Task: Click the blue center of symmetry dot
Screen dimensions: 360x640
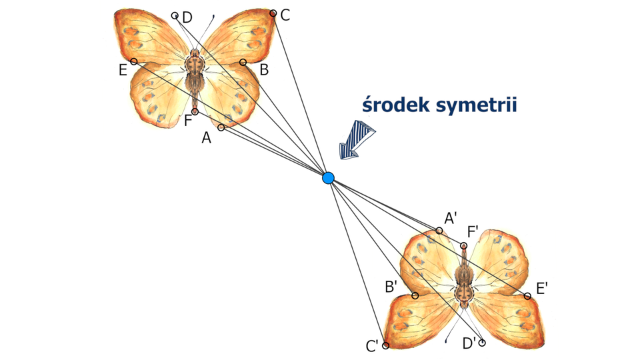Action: [x=328, y=178]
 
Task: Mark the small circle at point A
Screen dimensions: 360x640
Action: [x=221, y=127]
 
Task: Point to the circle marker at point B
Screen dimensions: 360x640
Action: [x=243, y=62]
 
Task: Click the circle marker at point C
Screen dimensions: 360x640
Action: [x=273, y=13]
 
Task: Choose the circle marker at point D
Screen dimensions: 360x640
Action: [x=175, y=15]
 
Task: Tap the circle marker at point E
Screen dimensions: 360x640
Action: [x=134, y=61]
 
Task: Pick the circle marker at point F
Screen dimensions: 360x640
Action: [x=195, y=111]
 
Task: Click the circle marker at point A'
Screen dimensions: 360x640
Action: [x=439, y=231]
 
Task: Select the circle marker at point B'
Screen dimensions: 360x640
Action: [x=415, y=295]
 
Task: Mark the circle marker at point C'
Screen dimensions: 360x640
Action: [x=385, y=345]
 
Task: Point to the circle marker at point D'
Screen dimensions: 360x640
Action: [x=482, y=343]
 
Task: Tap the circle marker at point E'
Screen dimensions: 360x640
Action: [x=527, y=296]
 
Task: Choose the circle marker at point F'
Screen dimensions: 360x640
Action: [x=463, y=246]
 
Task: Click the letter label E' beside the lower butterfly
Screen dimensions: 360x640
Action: [x=542, y=289]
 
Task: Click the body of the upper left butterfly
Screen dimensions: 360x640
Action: [x=194, y=73]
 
